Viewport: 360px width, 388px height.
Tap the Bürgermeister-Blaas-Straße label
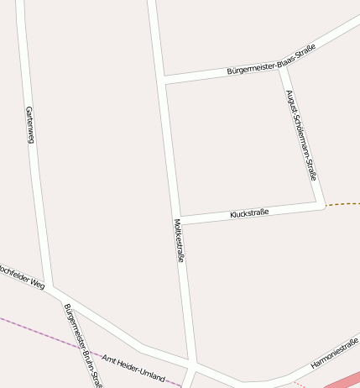click(271, 61)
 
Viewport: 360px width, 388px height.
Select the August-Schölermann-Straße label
click(300, 134)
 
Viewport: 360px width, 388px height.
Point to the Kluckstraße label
click(249, 214)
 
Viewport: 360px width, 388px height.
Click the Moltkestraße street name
click(179, 241)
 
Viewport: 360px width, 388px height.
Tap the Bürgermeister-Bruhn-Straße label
click(82, 344)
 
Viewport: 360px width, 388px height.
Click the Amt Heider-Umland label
click(133, 366)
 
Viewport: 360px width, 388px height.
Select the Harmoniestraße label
click(335, 353)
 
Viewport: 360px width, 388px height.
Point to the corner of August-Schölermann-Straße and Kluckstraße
click(320, 203)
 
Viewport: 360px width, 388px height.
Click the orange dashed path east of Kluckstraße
click(344, 203)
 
